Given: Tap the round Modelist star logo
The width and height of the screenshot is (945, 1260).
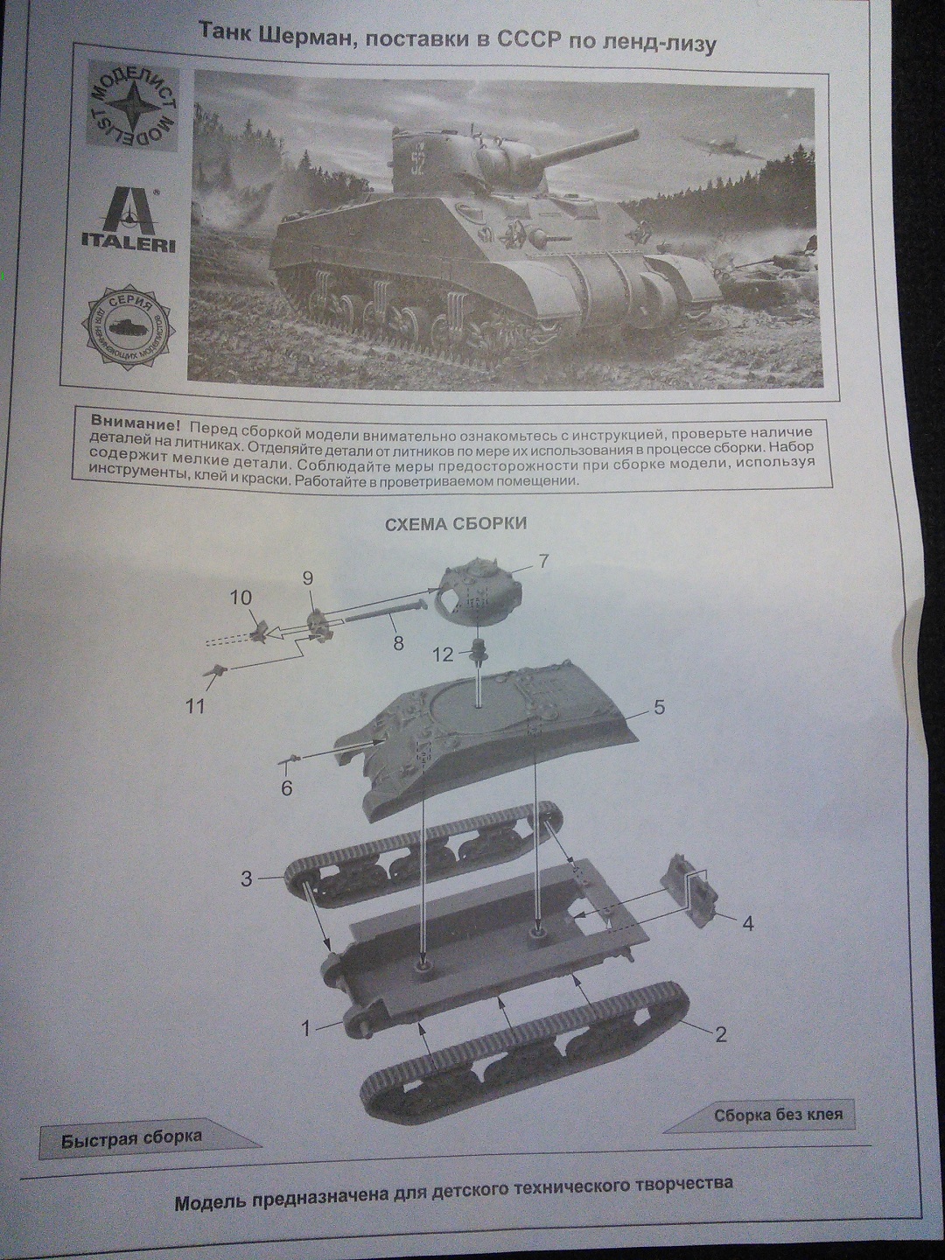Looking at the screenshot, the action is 133,108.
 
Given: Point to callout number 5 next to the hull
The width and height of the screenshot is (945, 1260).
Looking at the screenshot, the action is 659,707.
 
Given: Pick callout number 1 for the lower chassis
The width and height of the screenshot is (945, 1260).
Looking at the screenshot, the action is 306,1029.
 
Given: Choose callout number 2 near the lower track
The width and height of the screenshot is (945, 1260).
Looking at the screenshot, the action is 720,1035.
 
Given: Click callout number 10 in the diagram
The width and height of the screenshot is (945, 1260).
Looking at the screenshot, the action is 241,598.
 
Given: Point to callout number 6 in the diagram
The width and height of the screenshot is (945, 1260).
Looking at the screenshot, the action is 286,788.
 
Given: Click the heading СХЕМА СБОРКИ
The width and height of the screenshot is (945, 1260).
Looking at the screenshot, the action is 456,524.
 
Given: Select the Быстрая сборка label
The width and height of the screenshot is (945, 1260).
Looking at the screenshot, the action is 131,1137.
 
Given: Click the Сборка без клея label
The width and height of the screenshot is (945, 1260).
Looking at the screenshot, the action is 778,1115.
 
